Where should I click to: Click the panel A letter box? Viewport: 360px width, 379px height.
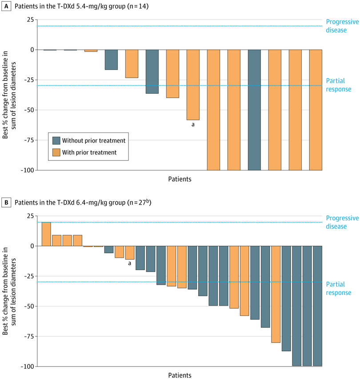pyautogui.click(x=7, y=7)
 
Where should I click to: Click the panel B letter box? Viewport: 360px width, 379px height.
pyautogui.click(x=7, y=203)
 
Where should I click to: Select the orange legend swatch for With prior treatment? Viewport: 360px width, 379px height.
pyautogui.click(x=56, y=152)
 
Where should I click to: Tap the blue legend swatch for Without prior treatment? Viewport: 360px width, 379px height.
pyautogui.click(x=56, y=140)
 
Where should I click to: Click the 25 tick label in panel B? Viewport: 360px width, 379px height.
pyautogui.click(x=29, y=216)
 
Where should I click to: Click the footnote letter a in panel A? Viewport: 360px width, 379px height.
pyautogui.click(x=193, y=125)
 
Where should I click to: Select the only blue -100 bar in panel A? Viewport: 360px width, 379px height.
pyautogui.click(x=254, y=110)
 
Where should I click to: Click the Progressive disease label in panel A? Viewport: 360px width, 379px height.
pyautogui.click(x=342, y=26)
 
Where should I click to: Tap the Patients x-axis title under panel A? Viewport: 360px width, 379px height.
pyautogui.click(x=180, y=179)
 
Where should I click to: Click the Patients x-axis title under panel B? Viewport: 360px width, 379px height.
pyautogui.click(x=180, y=375)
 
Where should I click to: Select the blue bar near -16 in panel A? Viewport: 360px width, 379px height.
pyautogui.click(x=111, y=60)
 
